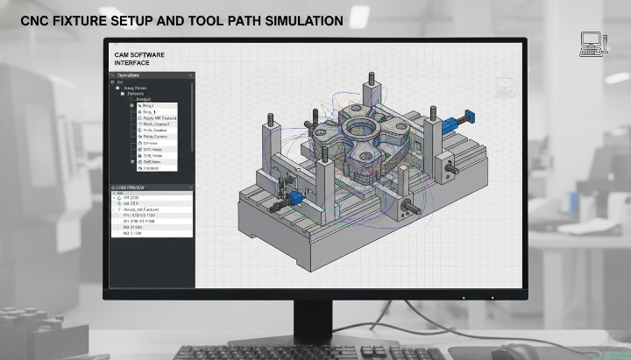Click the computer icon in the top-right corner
coord(592,44)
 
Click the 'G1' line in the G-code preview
coord(145,221)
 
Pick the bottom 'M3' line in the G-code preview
coord(140,234)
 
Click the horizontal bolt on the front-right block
coord(409,211)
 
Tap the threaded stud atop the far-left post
coord(271,117)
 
